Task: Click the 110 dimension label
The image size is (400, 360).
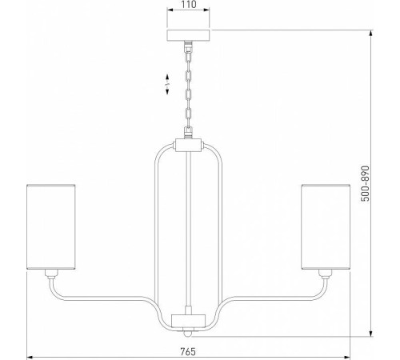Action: (189, 4)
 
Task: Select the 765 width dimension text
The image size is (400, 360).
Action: (188, 351)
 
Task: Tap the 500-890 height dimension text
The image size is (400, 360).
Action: (366, 183)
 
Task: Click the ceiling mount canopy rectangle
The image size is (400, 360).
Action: (188, 35)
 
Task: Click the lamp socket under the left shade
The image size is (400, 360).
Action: (51, 274)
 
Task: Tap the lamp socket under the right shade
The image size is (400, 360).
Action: (325, 274)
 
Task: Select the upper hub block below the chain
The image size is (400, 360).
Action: (188, 146)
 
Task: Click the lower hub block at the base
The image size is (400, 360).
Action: (189, 321)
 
